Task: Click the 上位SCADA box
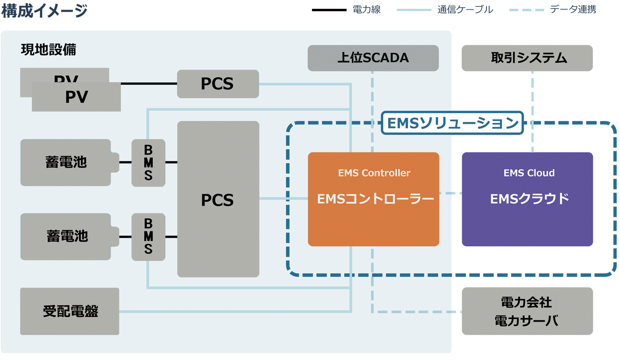(373, 58)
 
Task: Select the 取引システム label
(528, 58)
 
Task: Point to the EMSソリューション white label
(452, 123)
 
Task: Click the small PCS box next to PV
(218, 84)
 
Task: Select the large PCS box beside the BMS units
(218, 200)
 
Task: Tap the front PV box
(76, 97)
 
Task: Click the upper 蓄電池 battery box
(66, 162)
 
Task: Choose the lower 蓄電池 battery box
(66, 236)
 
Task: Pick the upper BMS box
(148, 163)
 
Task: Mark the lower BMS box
(148, 237)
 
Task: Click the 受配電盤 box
(70, 311)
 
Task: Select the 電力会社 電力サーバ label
(526, 312)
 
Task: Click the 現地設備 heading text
(48, 49)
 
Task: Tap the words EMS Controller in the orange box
(374, 173)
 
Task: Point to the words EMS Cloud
(529, 173)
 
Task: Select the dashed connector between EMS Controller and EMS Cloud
(449, 193)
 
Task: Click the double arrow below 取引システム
(532, 111)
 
